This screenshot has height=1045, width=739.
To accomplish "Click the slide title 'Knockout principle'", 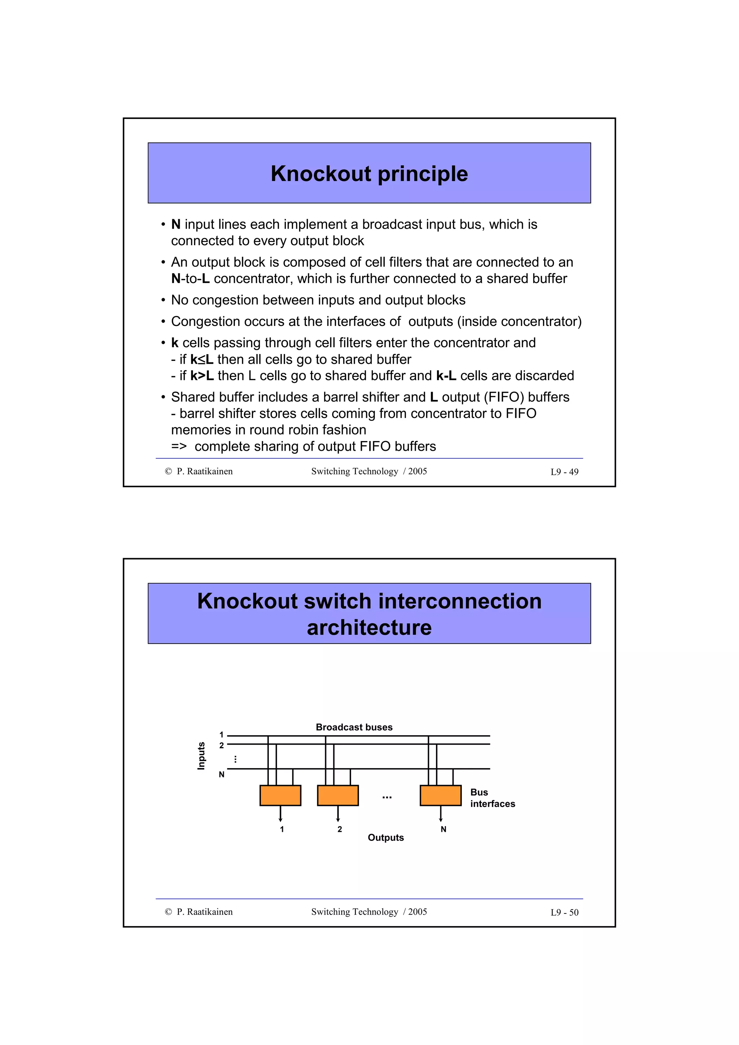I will pyautogui.click(x=369, y=174).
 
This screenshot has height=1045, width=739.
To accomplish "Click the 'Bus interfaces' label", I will pyautogui.click(x=492, y=798).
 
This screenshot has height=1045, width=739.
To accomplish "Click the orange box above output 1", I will pyautogui.click(x=280, y=795).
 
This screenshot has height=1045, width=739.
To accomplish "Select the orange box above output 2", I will pyautogui.click(x=337, y=795).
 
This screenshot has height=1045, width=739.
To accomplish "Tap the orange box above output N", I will pyautogui.click(x=440, y=795).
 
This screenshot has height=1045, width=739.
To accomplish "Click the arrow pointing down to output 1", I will pyautogui.click(x=280, y=814).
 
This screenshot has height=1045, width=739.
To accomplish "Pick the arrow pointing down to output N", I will pyautogui.click(x=441, y=814).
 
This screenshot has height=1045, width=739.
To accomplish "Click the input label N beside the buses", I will pyautogui.click(x=222, y=774).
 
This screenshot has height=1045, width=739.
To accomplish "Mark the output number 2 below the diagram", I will pyautogui.click(x=340, y=829).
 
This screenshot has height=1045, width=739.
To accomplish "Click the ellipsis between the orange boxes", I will pyautogui.click(x=387, y=797).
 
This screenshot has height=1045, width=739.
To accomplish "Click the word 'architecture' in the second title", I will pyautogui.click(x=369, y=628).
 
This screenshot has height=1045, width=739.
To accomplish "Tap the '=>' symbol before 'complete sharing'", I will pyautogui.click(x=179, y=446).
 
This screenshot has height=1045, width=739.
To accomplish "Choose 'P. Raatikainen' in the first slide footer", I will pyautogui.click(x=205, y=472).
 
